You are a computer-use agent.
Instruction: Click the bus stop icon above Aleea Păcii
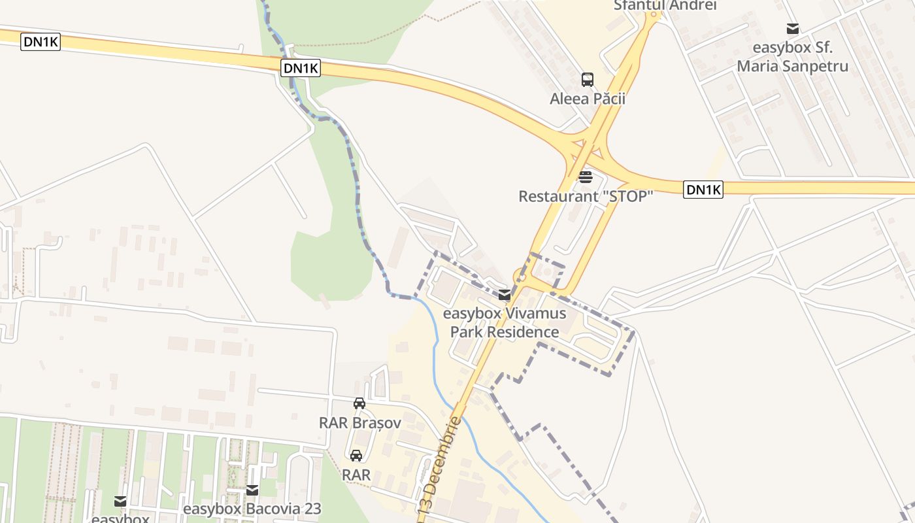tap(588, 80)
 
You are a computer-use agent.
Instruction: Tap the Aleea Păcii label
tap(588, 99)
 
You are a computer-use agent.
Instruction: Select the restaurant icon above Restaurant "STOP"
tap(585, 177)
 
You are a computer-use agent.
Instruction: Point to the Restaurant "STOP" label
tap(586, 196)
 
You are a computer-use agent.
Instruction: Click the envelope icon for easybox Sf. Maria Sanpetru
tap(793, 29)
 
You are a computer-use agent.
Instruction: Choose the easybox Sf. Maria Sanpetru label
tap(792, 57)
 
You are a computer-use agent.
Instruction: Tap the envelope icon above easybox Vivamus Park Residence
tap(505, 295)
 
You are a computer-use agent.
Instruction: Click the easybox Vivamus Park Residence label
tap(505, 322)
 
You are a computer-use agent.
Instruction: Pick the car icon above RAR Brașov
tap(359, 403)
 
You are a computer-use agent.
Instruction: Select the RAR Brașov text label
tap(359, 422)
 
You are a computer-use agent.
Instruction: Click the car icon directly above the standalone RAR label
tap(356, 456)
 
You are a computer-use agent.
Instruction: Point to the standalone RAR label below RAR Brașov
tap(356, 475)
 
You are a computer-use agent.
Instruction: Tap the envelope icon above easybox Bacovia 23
tap(252, 490)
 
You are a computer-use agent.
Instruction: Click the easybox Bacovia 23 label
tap(252, 509)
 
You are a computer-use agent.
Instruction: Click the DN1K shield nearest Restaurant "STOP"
tap(703, 190)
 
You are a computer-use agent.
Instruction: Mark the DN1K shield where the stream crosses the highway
tap(301, 68)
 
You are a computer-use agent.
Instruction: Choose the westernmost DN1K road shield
tap(41, 42)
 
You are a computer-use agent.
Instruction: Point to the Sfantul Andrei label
tap(665, 5)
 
